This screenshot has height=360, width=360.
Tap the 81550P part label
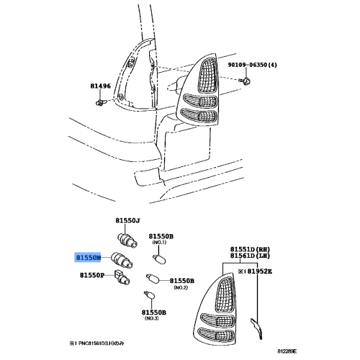pyautogui.click(x=92, y=274)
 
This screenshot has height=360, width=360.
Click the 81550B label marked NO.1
pyautogui.click(x=161, y=235)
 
